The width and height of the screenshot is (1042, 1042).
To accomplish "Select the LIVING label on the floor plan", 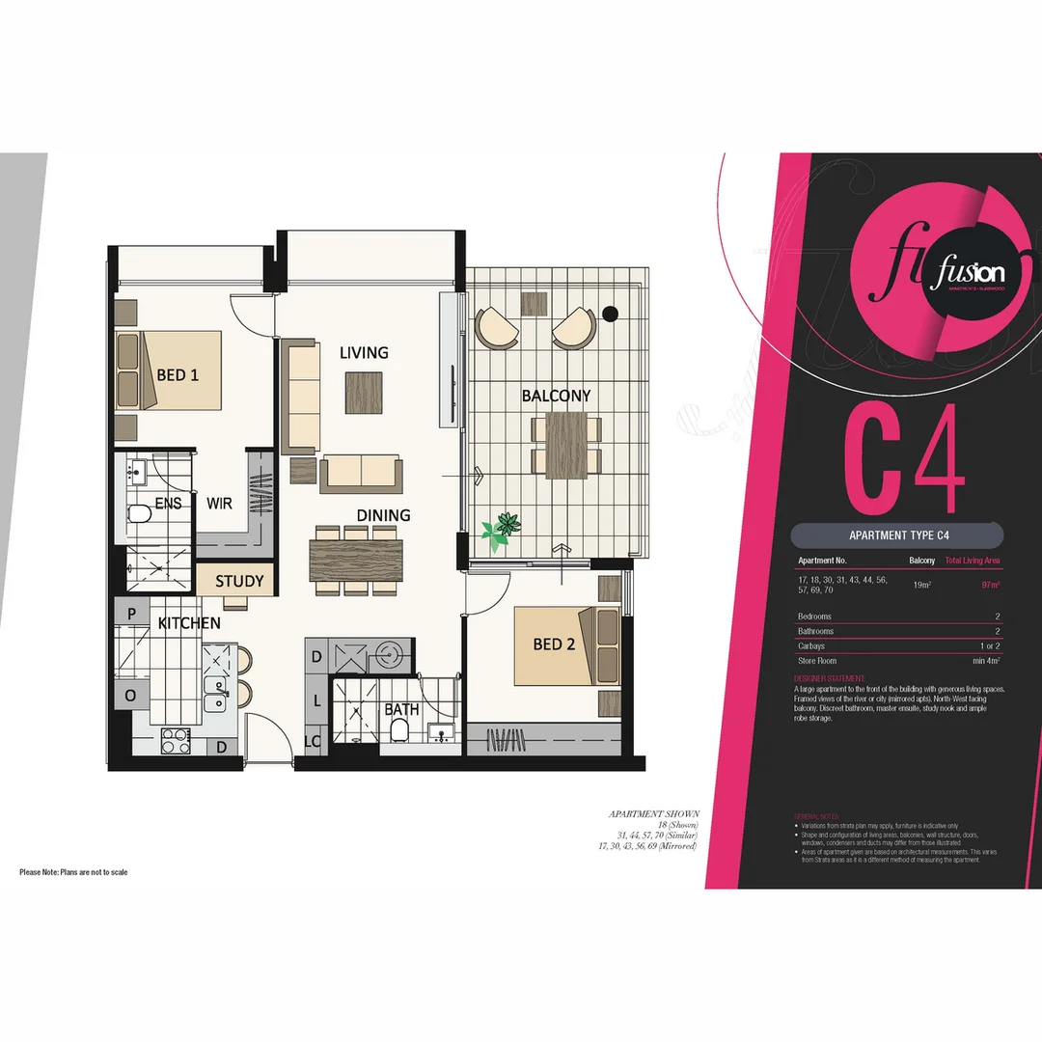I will click(x=364, y=353).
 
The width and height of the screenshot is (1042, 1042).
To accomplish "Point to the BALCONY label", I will click(x=556, y=396).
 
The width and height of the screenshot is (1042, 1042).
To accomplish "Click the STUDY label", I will click(x=238, y=581).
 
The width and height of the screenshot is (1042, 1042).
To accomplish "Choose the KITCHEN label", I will click(x=189, y=623).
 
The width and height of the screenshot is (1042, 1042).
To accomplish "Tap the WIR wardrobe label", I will click(x=219, y=504).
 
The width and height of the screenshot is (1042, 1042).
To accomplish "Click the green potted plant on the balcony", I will click(x=502, y=530).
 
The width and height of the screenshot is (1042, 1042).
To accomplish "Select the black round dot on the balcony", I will click(x=610, y=312).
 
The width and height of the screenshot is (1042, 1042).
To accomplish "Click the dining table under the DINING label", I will click(x=356, y=560).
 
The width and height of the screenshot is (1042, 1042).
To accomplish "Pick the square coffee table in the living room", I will click(x=364, y=392).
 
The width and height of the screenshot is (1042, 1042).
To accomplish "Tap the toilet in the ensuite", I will click(x=141, y=512).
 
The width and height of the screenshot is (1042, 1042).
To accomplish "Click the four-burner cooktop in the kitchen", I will click(x=175, y=741).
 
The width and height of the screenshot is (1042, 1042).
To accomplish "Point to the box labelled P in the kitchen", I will click(x=129, y=611).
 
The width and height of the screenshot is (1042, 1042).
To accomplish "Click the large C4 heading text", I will click(x=903, y=459).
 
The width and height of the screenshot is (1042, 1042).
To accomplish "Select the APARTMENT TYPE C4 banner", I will click(x=896, y=535).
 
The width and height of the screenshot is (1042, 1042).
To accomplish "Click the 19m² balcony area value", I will click(x=921, y=585).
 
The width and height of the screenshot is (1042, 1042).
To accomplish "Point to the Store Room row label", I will click(x=816, y=661).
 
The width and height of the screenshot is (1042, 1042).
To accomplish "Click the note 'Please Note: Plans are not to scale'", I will click(x=73, y=872).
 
